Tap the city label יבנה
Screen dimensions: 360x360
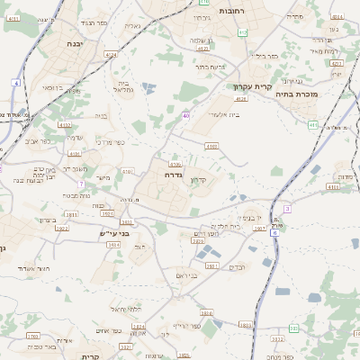[76, 41]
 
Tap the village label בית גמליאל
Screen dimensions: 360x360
[123, 85]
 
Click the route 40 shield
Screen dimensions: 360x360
[185, 115]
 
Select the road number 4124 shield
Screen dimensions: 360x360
[112, 56]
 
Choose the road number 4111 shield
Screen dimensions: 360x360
[333, 186]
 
